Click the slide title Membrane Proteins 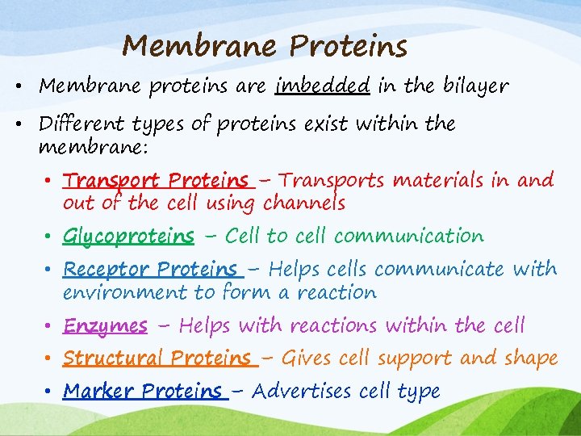[x=264, y=47]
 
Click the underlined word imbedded [x=322, y=86]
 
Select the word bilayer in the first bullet [x=474, y=86]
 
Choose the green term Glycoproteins [x=128, y=237]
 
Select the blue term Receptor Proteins [x=150, y=269]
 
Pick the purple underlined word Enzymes [x=105, y=326]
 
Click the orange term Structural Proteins [x=157, y=358]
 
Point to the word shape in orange [x=530, y=358]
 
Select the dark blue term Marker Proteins [x=142, y=392]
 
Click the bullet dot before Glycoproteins [x=49, y=237]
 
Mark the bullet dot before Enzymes [x=49, y=326]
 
